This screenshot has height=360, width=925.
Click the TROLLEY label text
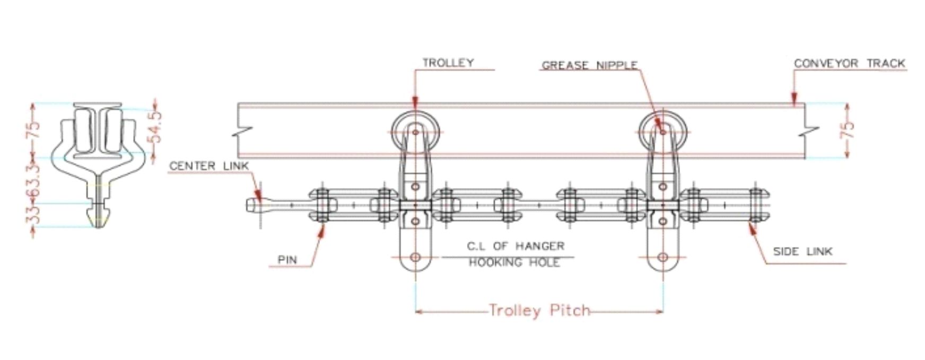point(448,63)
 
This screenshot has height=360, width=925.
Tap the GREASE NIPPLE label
point(589,65)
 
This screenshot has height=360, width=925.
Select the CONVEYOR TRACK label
point(849,63)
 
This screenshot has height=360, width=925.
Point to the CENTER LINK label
point(209,166)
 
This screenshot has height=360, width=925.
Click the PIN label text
point(287,260)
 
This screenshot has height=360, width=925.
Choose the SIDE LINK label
point(802,251)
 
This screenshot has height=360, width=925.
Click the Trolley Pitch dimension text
point(539,310)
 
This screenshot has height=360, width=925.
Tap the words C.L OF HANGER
point(516,246)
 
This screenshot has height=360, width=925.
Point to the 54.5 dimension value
point(155,127)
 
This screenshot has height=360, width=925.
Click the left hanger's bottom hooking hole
point(415,258)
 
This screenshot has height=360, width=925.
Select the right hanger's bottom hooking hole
point(662,258)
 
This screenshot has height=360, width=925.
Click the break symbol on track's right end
point(811,130)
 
